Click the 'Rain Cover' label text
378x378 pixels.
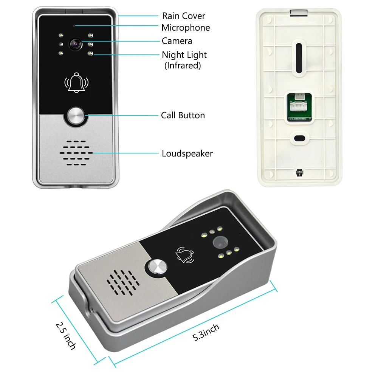183,16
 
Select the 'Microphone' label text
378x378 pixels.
186,28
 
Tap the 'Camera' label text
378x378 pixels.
177,41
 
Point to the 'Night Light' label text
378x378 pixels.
184,55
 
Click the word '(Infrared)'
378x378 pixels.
182,65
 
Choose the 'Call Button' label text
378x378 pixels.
183,115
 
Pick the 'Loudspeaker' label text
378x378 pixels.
187,153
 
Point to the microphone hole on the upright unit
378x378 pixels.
74,26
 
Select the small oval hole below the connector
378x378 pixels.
299,138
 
